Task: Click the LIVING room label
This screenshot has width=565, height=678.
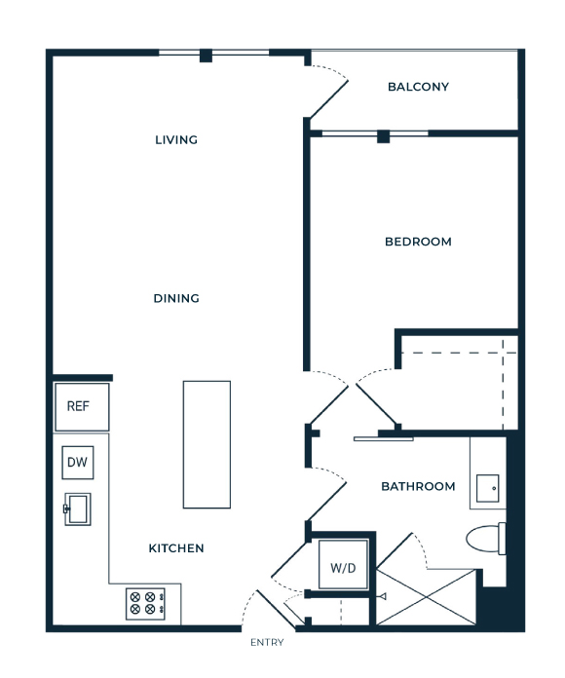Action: tap(176, 139)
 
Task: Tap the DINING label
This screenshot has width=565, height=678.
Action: tap(176, 298)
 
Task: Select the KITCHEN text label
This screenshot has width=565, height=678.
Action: tap(176, 548)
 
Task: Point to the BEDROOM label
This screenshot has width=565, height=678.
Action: tap(418, 242)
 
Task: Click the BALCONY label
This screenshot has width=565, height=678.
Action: tap(418, 87)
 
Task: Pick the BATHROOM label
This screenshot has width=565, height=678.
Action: tap(418, 486)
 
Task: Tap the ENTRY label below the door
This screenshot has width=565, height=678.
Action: tap(267, 643)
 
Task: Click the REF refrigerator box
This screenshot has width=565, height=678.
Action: tap(82, 407)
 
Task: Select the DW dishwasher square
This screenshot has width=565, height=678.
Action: tap(78, 463)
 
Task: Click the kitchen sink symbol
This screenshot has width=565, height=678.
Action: tap(77, 508)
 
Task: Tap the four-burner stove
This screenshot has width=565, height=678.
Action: tap(146, 604)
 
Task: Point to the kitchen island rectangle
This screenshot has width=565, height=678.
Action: tap(207, 444)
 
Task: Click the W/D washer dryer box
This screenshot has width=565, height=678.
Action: tap(343, 565)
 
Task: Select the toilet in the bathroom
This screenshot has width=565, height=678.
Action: tap(486, 539)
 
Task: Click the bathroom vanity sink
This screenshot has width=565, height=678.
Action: tap(488, 489)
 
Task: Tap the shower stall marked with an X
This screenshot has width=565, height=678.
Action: tap(427, 597)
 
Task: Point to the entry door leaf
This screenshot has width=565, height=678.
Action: tap(276, 609)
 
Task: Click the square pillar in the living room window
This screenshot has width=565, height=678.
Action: tap(206, 56)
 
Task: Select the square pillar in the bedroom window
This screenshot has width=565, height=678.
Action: tap(384, 136)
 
